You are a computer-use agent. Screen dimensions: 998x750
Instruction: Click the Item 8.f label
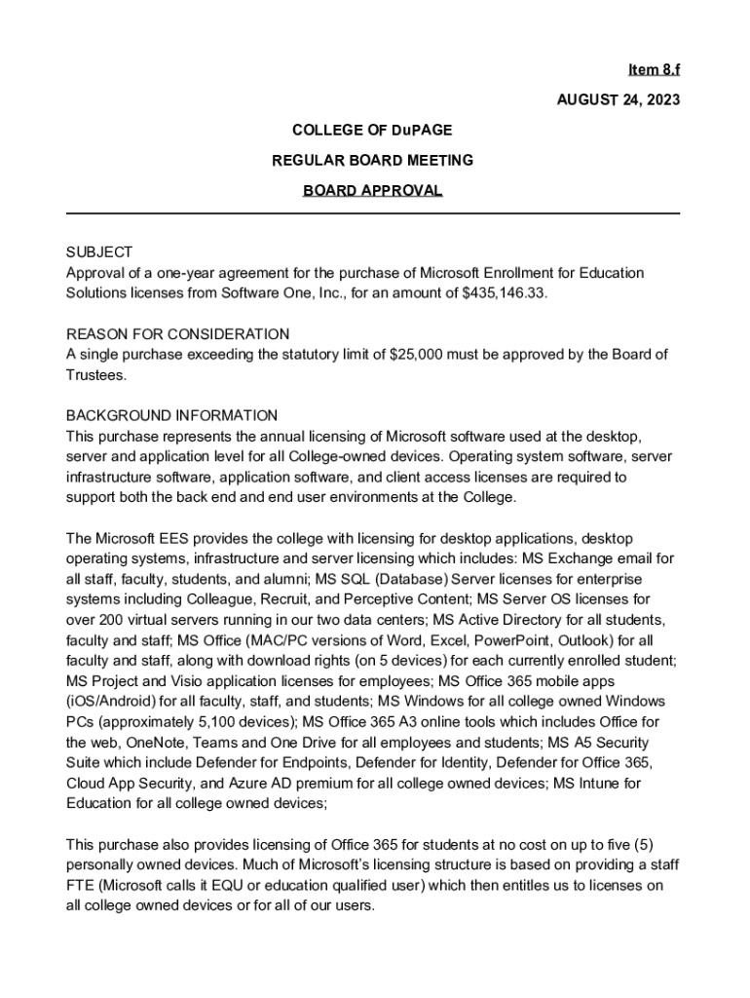[654, 69]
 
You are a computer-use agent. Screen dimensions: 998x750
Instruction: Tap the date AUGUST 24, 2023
[618, 99]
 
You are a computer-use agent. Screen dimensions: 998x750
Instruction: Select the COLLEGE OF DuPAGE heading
[372, 130]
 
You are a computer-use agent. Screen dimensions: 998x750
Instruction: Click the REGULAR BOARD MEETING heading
[372, 160]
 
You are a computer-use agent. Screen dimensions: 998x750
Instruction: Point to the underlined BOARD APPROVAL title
[372, 190]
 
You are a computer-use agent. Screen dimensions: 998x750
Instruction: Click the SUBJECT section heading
[98, 252]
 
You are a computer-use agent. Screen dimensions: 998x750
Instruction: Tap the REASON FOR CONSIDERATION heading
[177, 334]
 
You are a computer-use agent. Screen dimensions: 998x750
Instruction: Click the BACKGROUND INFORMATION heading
[171, 415]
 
